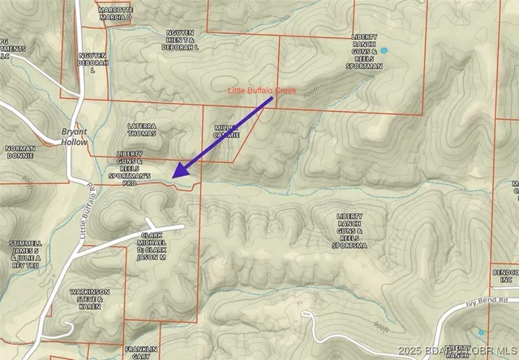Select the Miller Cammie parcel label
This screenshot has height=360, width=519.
[x=226, y=132]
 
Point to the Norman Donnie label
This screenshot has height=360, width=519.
[x=19, y=153]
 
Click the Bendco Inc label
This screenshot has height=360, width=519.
[x=504, y=276]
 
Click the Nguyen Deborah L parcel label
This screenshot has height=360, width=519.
[x=92, y=62]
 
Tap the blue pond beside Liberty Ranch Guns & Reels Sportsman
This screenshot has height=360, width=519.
[x=384, y=50]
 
